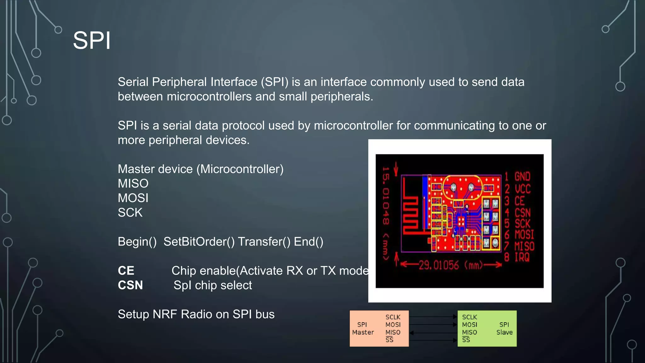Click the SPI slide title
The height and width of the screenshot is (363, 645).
click(x=92, y=41)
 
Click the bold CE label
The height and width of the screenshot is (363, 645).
click(x=126, y=271)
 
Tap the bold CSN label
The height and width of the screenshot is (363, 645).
click(x=130, y=285)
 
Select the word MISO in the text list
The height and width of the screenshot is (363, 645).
click(x=133, y=183)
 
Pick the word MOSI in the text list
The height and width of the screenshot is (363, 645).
click(x=133, y=198)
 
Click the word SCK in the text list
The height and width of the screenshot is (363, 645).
click(x=130, y=212)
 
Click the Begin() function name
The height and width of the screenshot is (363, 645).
click(x=137, y=242)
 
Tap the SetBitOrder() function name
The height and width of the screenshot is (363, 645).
click(x=199, y=242)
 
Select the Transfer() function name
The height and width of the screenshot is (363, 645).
click(x=264, y=242)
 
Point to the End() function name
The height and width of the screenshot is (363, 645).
click(x=308, y=242)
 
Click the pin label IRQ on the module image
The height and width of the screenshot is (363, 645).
click(x=522, y=257)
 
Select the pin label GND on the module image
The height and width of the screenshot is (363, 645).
click(x=522, y=176)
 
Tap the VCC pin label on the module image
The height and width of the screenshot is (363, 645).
click(x=522, y=189)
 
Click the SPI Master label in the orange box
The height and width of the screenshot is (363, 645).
click(x=363, y=328)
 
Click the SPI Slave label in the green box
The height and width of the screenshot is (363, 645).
click(x=504, y=328)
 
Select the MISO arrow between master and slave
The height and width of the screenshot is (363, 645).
click(x=433, y=332)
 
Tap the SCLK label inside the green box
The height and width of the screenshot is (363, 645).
click(x=469, y=317)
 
